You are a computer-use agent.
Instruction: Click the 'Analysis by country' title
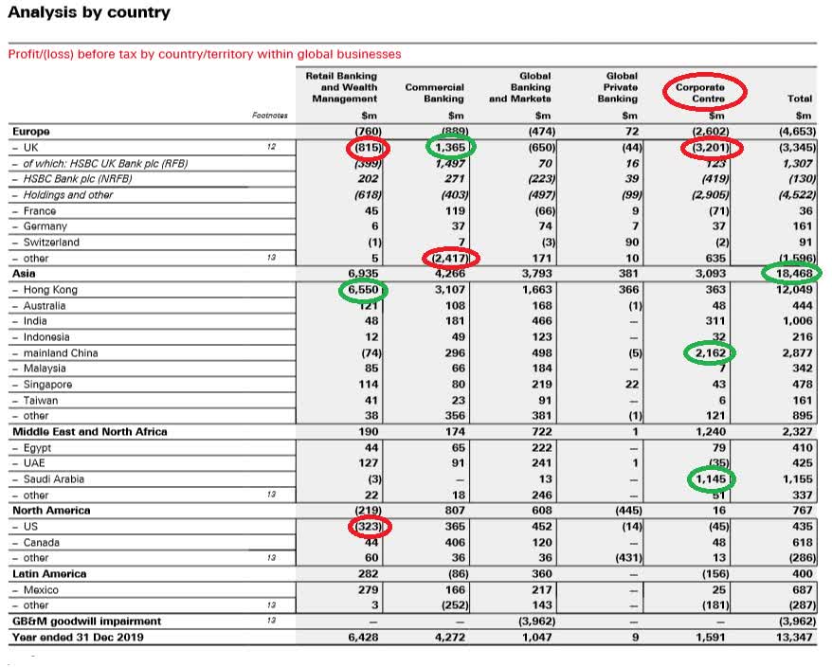coord(90,13)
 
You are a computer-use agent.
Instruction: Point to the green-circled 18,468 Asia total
coord(791,274)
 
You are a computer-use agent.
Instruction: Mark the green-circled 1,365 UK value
coord(450,148)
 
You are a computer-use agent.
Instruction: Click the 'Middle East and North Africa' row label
coord(90,432)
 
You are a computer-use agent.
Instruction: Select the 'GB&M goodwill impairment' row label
coord(86,622)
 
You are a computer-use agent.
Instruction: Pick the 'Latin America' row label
coord(49,574)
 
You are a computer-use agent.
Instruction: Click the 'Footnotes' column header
coord(269,116)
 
